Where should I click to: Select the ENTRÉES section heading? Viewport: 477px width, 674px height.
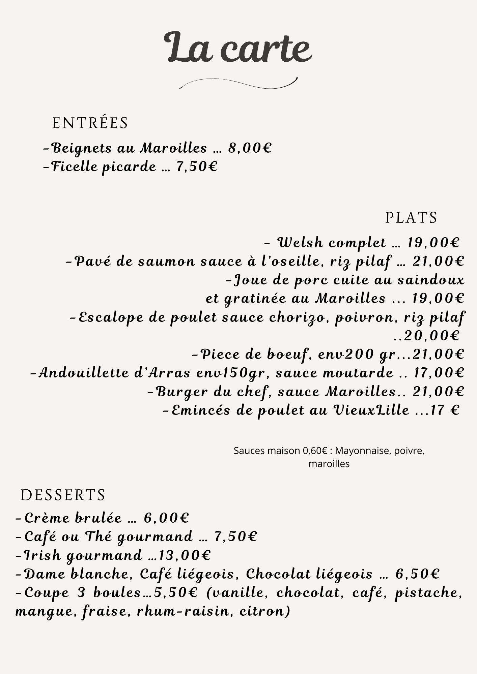point(90,123)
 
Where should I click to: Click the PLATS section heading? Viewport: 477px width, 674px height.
point(411,218)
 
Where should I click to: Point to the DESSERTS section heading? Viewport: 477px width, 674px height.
point(63,495)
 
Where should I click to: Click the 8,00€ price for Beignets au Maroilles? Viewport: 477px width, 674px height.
point(250,148)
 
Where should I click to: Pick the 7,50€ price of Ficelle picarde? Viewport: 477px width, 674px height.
point(197,166)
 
